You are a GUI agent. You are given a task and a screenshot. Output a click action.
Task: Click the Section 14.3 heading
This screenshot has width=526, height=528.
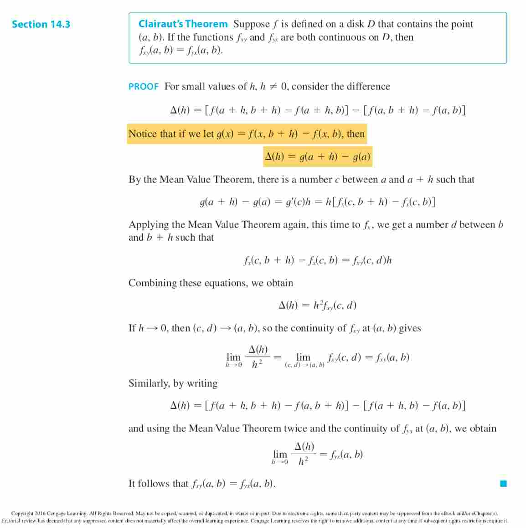coord(41,24)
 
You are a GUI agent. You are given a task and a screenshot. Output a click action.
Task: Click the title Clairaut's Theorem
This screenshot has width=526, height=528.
coord(183,24)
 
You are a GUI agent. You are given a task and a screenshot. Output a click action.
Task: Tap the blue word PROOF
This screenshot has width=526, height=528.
coord(143,87)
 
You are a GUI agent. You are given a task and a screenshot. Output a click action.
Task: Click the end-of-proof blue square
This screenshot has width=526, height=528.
coord(503,484)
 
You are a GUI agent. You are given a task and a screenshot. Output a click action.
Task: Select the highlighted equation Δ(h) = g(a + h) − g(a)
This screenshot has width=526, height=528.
coord(318,157)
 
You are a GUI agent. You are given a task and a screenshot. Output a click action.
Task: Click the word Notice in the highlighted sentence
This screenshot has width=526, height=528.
coord(143,134)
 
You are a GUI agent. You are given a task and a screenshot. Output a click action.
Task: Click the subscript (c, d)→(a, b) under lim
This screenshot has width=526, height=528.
coord(304,365)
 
